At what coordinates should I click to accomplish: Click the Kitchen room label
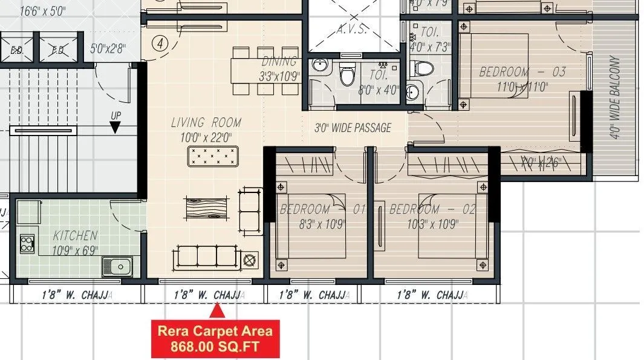pyautogui.click(x=75, y=235)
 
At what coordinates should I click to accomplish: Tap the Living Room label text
pyautogui.click(x=206, y=123)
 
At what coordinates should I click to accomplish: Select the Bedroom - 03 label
pyautogui.click(x=522, y=72)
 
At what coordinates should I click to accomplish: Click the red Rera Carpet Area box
pyautogui.click(x=215, y=339)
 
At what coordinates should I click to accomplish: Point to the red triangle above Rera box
pyautogui.click(x=217, y=312)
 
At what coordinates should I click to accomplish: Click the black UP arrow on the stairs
pyautogui.click(x=115, y=126)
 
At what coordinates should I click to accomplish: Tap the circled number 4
pyautogui.click(x=160, y=44)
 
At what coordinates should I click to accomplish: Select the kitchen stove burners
pyautogui.click(x=27, y=243)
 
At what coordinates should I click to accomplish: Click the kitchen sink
pyautogui.click(x=118, y=266)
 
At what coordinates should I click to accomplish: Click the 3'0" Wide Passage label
pyautogui.click(x=353, y=128)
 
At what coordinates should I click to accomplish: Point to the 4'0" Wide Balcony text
pyautogui.click(x=616, y=98)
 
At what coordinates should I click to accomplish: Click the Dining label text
pyautogui.click(x=279, y=61)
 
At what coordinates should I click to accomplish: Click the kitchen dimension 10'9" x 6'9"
pyautogui.click(x=75, y=250)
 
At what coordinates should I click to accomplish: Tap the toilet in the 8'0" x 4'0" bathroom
pyautogui.click(x=347, y=76)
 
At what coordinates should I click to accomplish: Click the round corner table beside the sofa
pyautogui.click(x=249, y=261)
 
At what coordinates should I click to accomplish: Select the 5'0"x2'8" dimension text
pyautogui.click(x=108, y=49)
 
